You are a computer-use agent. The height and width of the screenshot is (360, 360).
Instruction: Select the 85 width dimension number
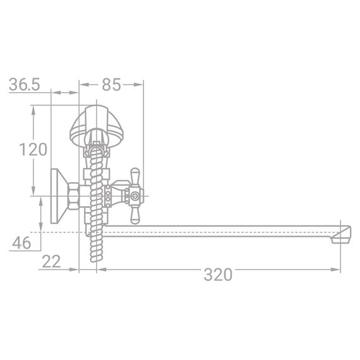[x=112, y=84]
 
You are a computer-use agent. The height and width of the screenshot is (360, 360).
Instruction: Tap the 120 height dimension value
[x=33, y=150]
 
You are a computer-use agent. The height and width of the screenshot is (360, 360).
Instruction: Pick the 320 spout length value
[x=218, y=274]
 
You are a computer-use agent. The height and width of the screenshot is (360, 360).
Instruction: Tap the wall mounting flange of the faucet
[x=57, y=196]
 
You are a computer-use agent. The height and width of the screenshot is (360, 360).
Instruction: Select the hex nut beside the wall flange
[x=74, y=196]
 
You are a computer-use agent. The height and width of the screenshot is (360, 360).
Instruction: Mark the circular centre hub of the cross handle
[x=134, y=196]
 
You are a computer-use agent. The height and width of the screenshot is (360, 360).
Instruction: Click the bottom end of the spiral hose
[x=96, y=259]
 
